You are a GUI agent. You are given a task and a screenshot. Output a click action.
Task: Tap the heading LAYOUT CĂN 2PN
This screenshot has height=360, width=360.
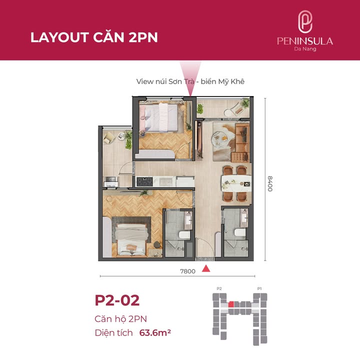94,37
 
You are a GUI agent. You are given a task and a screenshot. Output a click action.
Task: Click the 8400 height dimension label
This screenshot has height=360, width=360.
270,183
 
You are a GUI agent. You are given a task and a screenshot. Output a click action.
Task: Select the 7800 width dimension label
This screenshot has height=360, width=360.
188,271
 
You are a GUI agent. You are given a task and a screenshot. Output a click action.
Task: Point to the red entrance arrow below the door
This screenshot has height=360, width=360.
206,268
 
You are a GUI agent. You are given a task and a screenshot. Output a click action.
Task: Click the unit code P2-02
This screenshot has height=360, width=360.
117,300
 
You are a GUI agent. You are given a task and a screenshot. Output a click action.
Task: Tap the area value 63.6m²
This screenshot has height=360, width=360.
155,332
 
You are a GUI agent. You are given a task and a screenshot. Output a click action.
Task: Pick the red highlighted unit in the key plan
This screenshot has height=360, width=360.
231,304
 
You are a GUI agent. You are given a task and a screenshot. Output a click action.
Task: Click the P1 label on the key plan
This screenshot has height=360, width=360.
259,288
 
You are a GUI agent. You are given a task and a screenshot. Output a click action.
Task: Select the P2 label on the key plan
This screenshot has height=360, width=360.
219,288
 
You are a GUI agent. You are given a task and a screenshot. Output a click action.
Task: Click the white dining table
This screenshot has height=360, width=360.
236,183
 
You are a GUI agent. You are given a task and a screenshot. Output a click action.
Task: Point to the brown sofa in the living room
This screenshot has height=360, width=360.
242,142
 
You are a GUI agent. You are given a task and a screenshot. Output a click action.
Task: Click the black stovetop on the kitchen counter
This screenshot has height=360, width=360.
144,182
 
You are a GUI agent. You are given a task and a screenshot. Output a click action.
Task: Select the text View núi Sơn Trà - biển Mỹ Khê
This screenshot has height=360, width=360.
190,81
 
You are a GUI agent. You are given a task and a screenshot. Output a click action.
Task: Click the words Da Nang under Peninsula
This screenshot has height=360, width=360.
305,49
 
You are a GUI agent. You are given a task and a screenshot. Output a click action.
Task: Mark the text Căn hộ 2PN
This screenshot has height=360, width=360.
121,319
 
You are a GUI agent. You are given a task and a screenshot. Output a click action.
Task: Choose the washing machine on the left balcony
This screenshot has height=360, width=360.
111,181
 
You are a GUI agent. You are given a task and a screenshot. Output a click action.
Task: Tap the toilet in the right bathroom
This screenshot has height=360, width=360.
240,232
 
